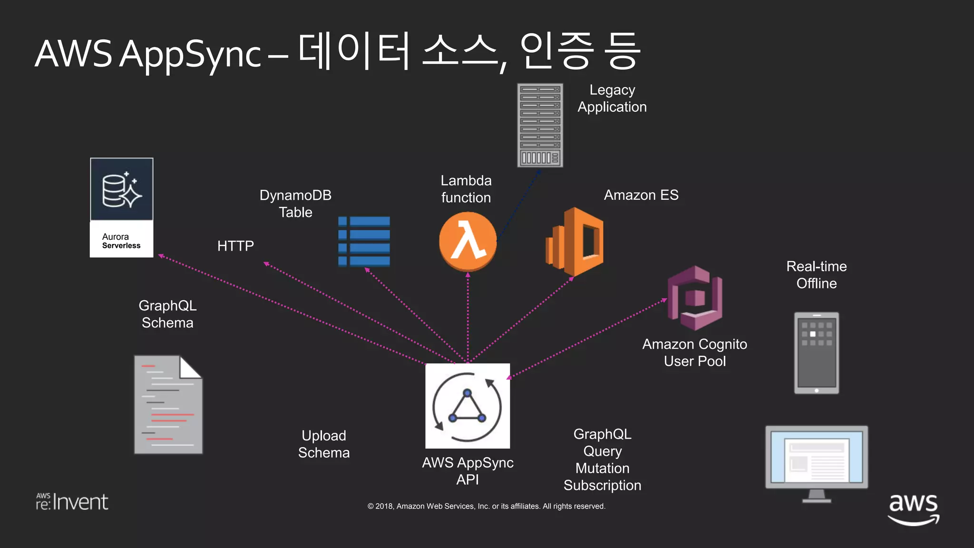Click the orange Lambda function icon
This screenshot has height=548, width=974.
click(x=468, y=242)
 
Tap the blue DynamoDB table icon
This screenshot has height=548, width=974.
click(x=364, y=241)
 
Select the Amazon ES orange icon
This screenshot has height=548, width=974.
click(x=575, y=242)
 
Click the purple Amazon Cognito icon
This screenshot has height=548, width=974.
click(x=695, y=298)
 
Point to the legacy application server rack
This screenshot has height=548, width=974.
click(x=540, y=125)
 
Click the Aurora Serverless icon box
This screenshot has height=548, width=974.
click(x=122, y=207)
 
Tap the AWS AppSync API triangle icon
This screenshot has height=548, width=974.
click(x=468, y=406)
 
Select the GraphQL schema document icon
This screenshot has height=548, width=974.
click(x=168, y=405)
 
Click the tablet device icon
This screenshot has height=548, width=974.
click(x=817, y=353)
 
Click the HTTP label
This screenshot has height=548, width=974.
click(x=235, y=246)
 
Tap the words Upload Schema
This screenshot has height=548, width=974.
click(x=324, y=444)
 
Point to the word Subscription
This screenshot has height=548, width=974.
click(x=602, y=485)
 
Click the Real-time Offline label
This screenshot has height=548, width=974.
click(x=817, y=275)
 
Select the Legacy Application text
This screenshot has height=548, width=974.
click(x=612, y=98)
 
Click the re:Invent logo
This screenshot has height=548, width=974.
click(x=72, y=502)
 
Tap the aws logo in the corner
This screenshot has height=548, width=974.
click(x=913, y=508)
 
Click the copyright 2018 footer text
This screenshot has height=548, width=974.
click(x=486, y=506)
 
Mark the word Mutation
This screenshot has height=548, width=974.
click(x=602, y=468)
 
